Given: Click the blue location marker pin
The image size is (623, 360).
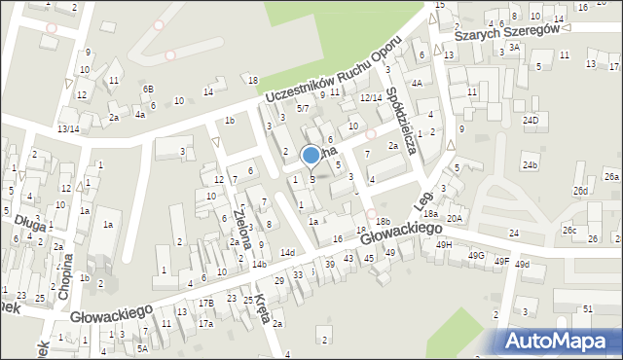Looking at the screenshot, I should pyautogui.click(x=311, y=156).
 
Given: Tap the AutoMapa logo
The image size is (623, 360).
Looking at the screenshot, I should pyautogui.click(x=561, y=341).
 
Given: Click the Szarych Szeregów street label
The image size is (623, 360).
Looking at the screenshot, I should pyautogui.click(x=510, y=31).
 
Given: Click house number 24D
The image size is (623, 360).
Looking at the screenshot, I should pyautogui.click(x=531, y=121).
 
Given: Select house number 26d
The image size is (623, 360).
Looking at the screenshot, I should pyautogui.click(x=580, y=191).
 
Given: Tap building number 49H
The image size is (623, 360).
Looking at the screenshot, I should pyautogui.click(x=444, y=245).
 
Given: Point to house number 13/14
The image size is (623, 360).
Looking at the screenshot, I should pyautogui.click(x=68, y=128).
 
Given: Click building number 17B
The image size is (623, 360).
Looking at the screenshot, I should pyautogui.click(x=205, y=304).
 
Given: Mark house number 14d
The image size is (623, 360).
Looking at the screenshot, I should pyautogui.click(x=287, y=253).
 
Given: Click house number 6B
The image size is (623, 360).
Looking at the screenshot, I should pyautogui.click(x=148, y=89).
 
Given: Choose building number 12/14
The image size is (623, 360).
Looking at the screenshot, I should pyautogui.click(x=371, y=97).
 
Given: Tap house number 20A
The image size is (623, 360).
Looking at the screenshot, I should pyautogui.click(x=455, y=219).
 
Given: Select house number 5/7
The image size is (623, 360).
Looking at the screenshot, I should pyautogui.click(x=303, y=108).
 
